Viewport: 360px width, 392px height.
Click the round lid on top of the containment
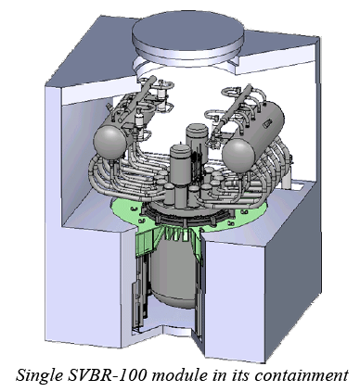pos(187,40)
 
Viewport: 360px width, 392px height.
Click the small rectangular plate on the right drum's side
pos(266,124)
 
